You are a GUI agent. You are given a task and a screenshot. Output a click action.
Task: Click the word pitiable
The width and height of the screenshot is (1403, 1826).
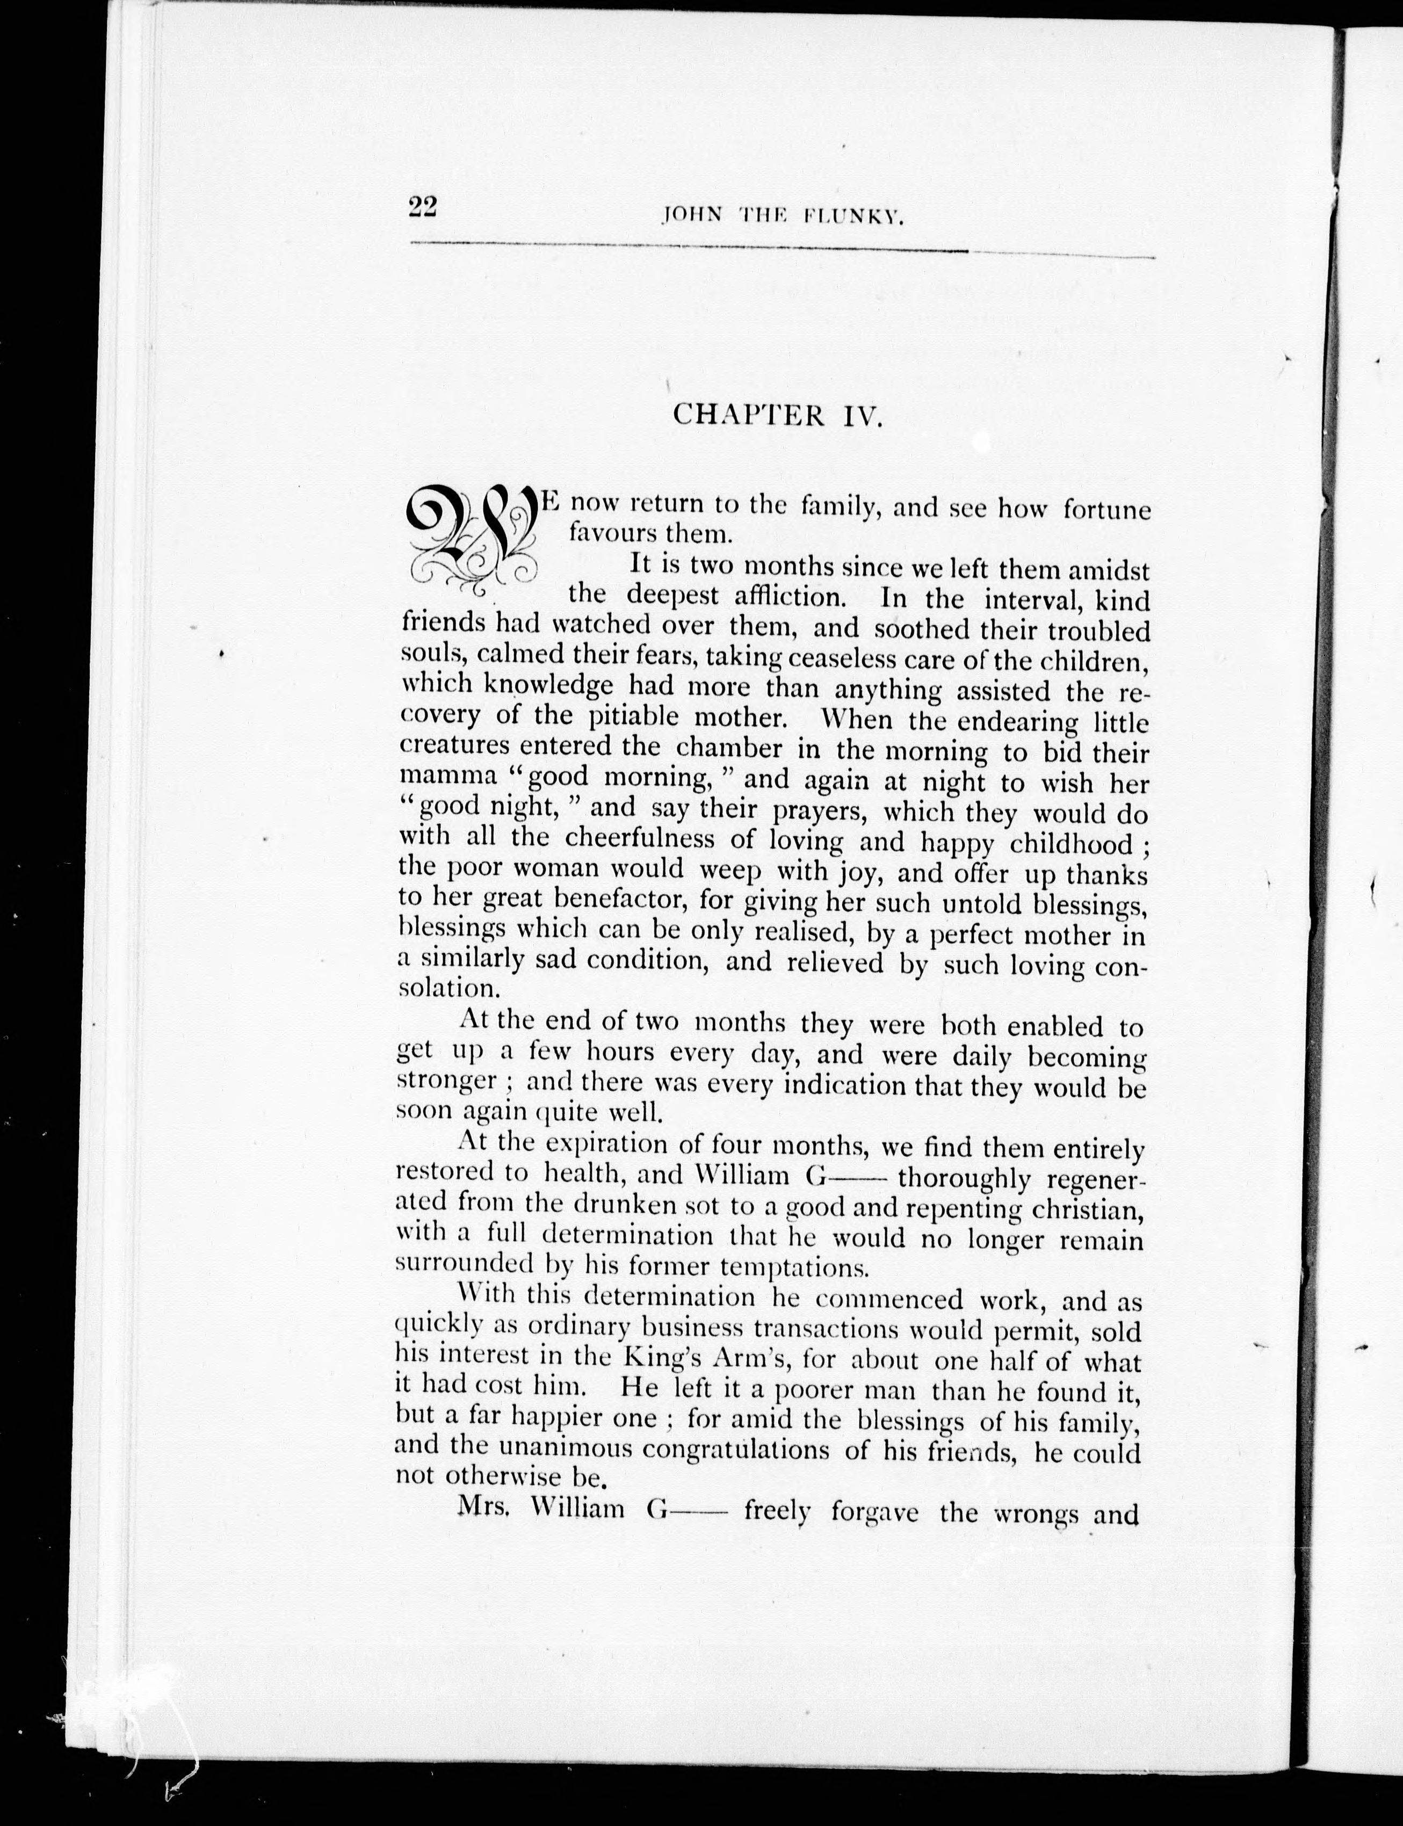coord(634,716)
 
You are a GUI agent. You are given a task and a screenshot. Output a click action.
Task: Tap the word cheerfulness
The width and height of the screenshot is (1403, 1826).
coord(640,837)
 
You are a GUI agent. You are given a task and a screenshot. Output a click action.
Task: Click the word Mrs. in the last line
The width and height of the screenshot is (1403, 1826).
coord(483,1509)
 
